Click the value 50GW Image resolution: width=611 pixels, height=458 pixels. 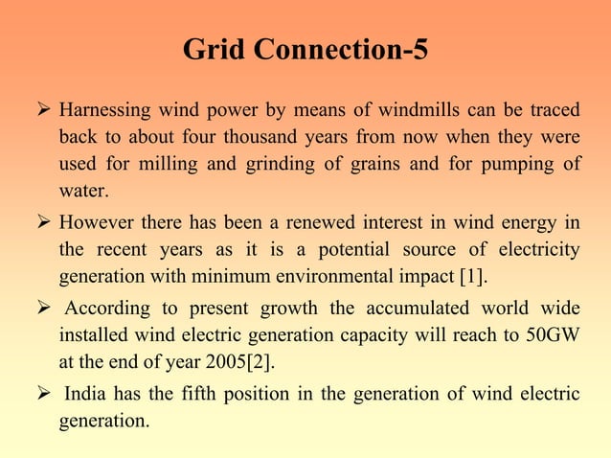click(553, 336)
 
